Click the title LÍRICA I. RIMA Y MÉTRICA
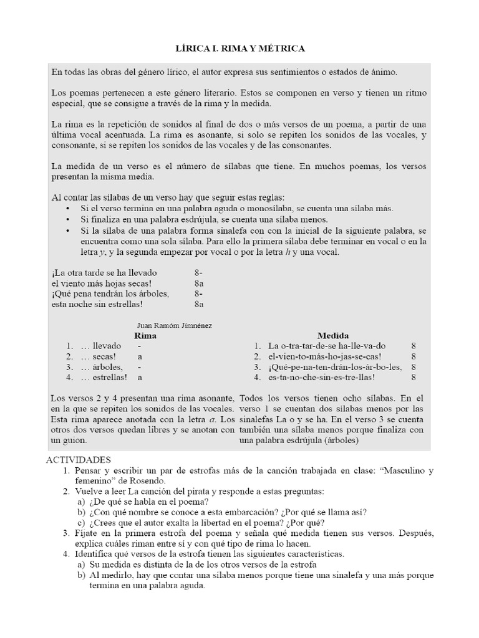click(239, 48)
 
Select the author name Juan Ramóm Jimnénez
click(174, 325)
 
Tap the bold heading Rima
click(145, 335)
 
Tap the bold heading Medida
click(333, 335)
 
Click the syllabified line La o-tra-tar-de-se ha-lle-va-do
click(327, 346)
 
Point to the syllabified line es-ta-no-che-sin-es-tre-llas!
click(324, 377)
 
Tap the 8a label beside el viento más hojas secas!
click(200, 283)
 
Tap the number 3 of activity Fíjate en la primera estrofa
click(65, 533)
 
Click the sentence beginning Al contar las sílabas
click(167, 198)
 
